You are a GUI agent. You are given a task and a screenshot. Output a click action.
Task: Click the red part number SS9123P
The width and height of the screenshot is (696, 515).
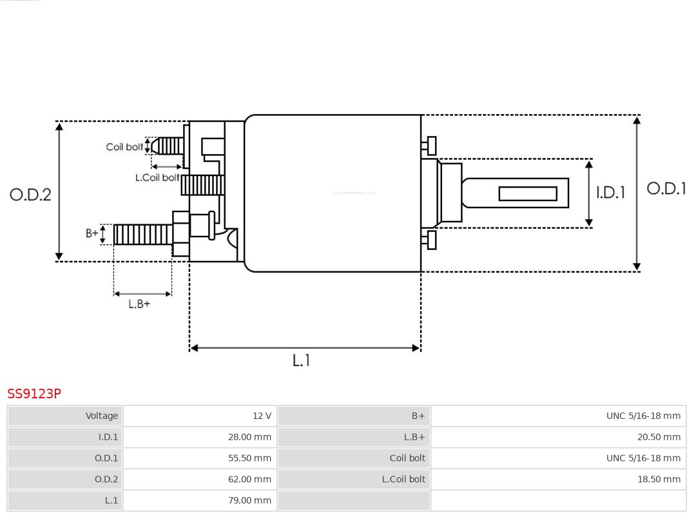[34, 394]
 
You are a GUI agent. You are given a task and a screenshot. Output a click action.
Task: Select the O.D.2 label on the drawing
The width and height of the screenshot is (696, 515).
[30, 195]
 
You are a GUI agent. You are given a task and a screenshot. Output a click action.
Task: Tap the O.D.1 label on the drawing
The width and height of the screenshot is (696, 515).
[666, 189]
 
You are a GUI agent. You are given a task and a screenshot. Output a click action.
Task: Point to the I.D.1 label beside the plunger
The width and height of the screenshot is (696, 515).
[610, 193]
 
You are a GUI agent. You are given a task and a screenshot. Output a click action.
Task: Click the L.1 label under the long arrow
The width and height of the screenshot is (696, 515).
[301, 361]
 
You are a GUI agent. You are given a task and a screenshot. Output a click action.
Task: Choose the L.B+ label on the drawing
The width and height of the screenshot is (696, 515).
[139, 304]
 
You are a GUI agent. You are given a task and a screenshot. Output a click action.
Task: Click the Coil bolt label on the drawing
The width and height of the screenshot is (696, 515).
[124, 147]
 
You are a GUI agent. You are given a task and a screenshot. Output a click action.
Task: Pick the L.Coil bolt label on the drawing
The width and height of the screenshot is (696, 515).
[157, 177]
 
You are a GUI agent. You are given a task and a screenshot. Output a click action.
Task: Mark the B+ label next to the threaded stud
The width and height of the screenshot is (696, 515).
[92, 233]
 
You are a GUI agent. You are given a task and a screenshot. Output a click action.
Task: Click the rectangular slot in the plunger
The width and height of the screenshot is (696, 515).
[528, 193]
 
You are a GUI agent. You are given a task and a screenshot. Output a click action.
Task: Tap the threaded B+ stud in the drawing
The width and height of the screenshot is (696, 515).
[142, 235]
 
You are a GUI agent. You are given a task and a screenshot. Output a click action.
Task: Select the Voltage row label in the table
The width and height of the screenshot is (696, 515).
[102, 416]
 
